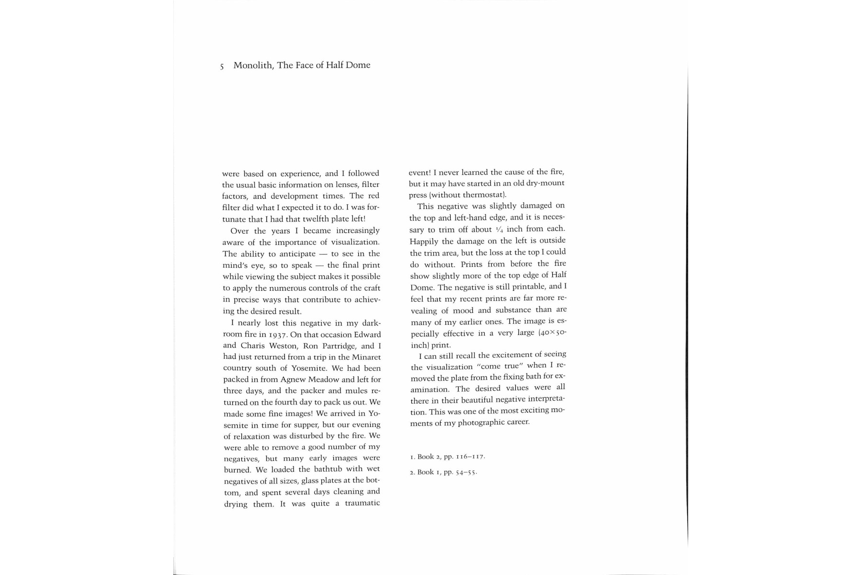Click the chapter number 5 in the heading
[222, 67]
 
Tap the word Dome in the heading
[358, 65]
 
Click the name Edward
[367, 334]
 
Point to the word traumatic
[362, 503]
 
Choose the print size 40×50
[553, 333]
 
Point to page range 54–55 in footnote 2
[465, 472]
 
